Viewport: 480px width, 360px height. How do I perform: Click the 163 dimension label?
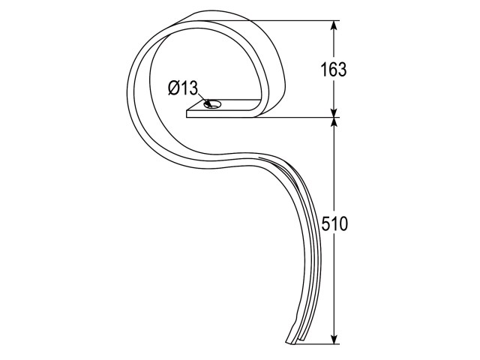pos(333,70)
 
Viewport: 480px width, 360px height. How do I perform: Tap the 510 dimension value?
pos(334,223)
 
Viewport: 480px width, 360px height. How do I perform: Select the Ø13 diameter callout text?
pos(183,88)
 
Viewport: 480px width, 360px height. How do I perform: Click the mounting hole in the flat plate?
pos(212,104)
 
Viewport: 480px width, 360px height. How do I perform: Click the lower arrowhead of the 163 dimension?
pos(334,112)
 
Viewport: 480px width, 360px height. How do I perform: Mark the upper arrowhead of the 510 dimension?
pos(334,122)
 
